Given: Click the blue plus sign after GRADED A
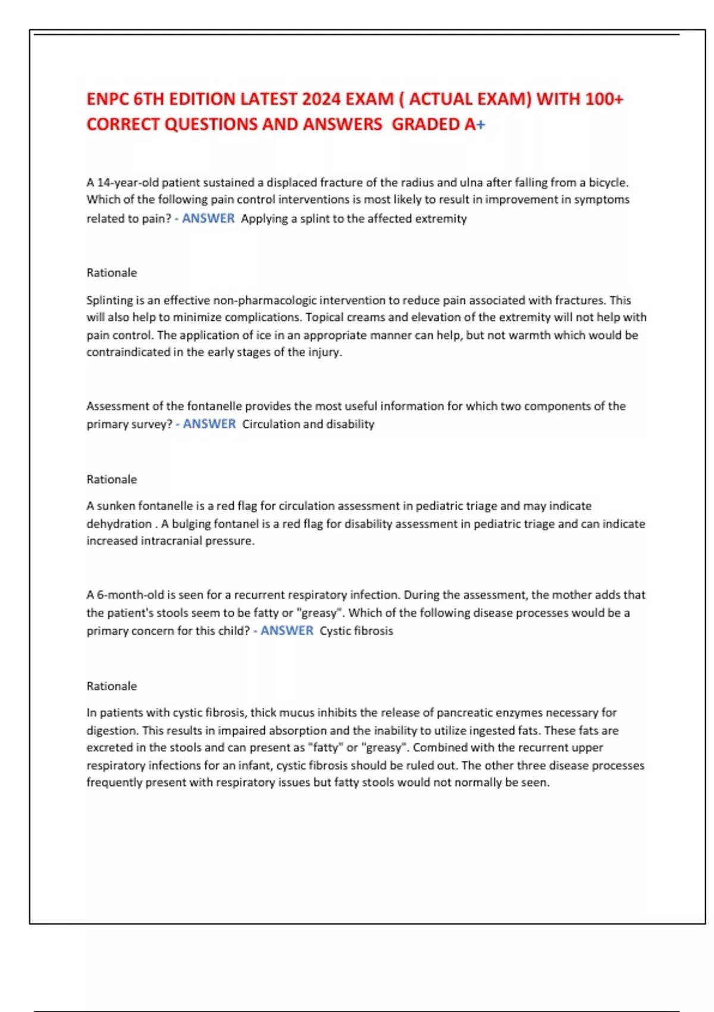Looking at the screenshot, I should (x=481, y=124).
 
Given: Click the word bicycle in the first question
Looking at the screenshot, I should (x=608, y=182).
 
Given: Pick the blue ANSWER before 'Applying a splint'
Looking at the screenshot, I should (x=208, y=218).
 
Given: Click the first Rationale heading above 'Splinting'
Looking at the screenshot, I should (x=112, y=273).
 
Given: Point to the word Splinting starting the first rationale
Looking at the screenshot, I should (x=109, y=300).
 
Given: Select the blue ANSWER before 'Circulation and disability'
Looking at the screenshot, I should (x=209, y=424).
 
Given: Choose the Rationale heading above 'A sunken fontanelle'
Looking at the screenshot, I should (x=112, y=479).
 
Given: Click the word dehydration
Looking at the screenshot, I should (x=119, y=524).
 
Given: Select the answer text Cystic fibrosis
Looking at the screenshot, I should (x=356, y=630).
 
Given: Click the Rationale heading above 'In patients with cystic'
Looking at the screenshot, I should (x=112, y=686).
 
